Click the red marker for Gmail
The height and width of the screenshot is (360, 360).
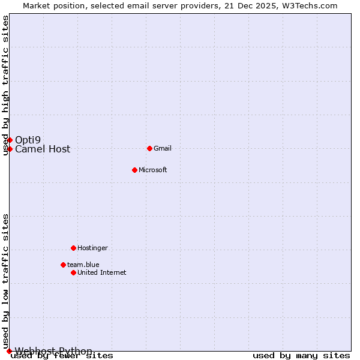pos(149,148)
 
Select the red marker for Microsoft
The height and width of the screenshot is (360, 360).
pos(134,170)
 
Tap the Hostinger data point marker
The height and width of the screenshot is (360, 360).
pos(73,248)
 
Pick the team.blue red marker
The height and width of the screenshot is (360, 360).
pos(63,265)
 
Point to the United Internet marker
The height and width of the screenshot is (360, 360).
pos(73,272)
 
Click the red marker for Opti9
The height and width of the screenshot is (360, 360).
pos(10,140)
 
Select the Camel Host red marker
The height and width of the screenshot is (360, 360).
pos(10,149)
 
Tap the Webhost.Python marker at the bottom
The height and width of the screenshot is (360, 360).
pos(9,351)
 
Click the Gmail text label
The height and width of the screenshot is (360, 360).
pos(163,149)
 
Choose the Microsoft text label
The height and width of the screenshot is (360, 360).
pos(152,170)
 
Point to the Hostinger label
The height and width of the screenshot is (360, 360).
pos(92,248)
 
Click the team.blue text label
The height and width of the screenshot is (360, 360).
pos(83,265)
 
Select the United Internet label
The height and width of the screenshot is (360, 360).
pos(101,273)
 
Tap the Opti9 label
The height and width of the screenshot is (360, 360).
pos(28,140)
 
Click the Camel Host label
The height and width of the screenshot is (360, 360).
pos(43,149)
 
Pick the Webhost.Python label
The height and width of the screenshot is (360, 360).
pos(53,351)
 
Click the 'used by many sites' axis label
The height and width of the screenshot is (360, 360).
pos(301,356)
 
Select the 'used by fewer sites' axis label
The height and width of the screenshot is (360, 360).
pos(62,356)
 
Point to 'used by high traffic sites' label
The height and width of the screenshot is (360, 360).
pos(6,86)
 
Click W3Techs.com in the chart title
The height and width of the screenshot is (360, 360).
pos(308,6)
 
